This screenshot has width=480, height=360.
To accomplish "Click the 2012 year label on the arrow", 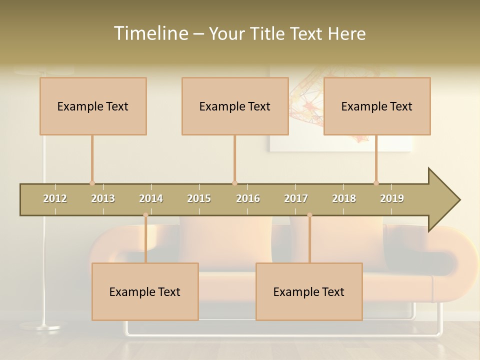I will [55, 198].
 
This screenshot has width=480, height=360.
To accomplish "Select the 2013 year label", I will [103, 198].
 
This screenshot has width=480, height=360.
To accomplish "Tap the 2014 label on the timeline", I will [151, 198].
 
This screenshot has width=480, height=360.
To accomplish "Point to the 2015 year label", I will [199, 198].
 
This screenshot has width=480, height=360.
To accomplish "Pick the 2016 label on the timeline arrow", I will [248, 198].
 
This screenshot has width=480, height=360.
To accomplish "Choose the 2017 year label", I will [296, 198].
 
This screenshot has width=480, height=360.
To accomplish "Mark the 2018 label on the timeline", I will [344, 198].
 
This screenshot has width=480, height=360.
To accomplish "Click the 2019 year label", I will [392, 198].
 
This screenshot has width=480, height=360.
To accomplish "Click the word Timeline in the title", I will [150, 33].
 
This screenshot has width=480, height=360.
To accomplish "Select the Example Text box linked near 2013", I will [93, 106].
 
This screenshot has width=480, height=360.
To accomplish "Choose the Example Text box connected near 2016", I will [235, 106].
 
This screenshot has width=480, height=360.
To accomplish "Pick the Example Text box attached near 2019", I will [377, 106].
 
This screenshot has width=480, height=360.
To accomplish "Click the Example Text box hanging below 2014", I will [145, 291].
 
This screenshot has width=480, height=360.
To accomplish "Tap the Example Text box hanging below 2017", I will [309, 291].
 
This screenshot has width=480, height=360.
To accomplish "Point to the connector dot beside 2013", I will [92, 183].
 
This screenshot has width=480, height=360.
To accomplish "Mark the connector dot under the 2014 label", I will [145, 215].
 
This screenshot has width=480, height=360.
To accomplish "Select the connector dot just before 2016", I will [234, 183].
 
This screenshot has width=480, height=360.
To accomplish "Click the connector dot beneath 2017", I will [309, 215].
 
